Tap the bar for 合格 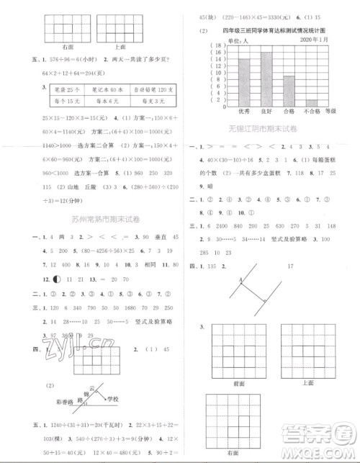click(289, 90)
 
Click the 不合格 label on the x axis click(311, 112)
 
